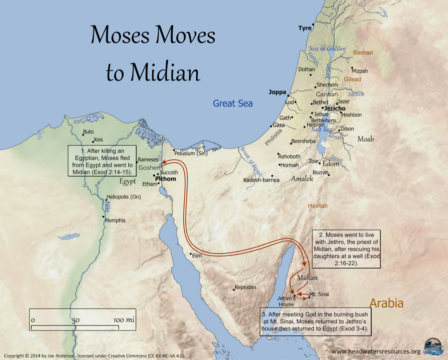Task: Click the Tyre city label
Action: click(305, 28)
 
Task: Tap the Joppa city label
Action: click(277, 92)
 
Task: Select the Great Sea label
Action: click(233, 103)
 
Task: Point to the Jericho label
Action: click(335, 108)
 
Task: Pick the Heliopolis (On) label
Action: click(124, 197)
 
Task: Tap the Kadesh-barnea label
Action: click(261, 180)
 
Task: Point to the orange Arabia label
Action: click(386, 303)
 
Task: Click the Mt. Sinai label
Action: click(319, 294)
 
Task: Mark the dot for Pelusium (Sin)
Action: click(174, 150)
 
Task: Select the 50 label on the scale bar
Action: click(75, 319)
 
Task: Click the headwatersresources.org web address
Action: click(376, 351)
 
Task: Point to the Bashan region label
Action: click(363, 52)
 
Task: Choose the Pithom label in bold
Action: click(166, 178)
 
